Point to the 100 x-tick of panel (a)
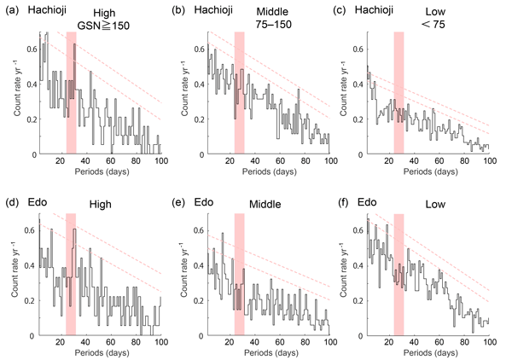160,158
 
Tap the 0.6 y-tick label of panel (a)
27,48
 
